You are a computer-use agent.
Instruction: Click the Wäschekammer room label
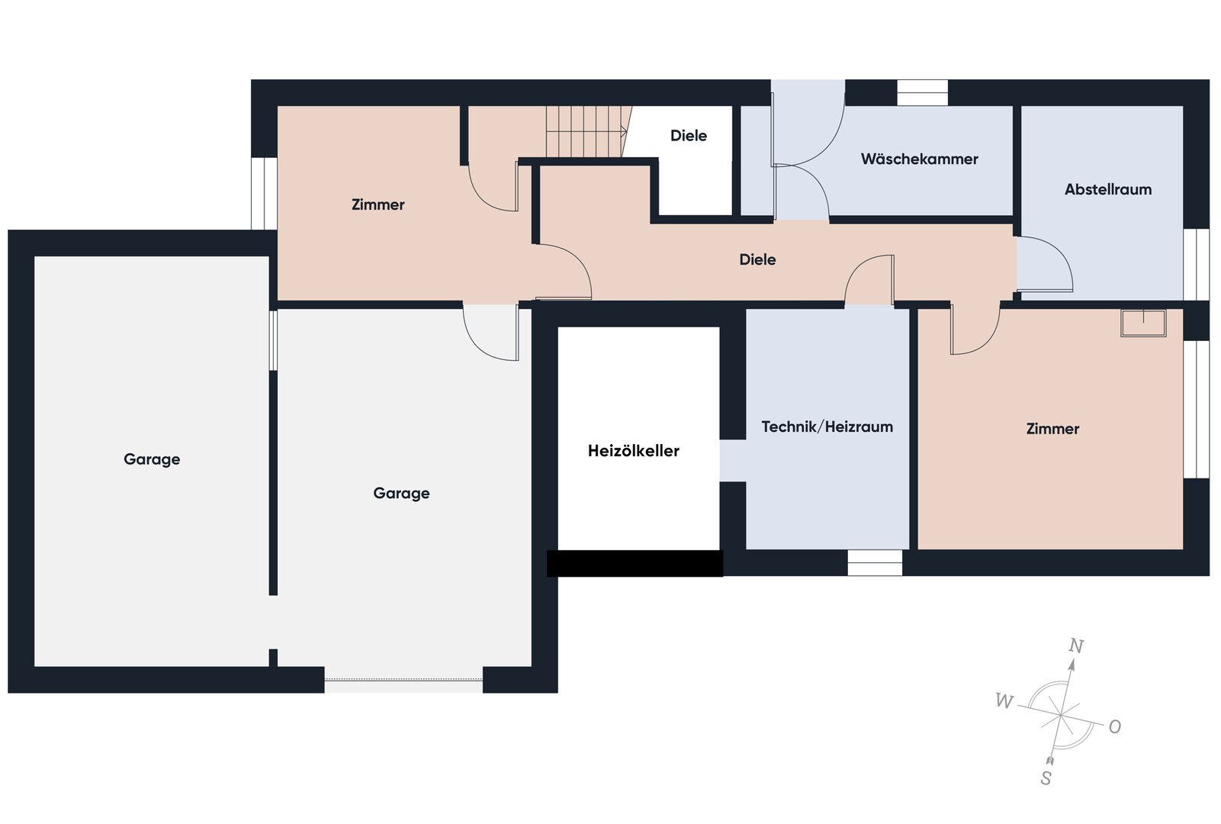[x=920, y=159]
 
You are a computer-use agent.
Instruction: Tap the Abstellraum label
[x=1108, y=189]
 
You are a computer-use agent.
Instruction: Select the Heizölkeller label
[x=634, y=450]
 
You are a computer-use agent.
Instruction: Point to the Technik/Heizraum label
[x=827, y=426]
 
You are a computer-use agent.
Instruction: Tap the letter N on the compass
[x=1075, y=645]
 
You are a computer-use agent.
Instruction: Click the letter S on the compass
[x=1046, y=778]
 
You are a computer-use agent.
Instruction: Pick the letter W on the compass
[x=1004, y=700]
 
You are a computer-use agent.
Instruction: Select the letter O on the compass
[x=1115, y=726]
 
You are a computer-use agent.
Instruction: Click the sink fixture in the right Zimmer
[x=1143, y=323]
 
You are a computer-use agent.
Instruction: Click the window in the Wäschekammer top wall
[x=922, y=93]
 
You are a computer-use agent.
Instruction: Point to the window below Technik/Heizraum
[x=874, y=563]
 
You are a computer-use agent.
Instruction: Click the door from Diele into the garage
[x=490, y=332]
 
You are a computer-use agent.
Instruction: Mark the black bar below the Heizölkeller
[x=635, y=563]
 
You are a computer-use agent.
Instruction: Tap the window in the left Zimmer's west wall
[x=264, y=194]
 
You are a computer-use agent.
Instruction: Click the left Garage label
[x=152, y=459]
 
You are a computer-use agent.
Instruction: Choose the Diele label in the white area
[x=689, y=135]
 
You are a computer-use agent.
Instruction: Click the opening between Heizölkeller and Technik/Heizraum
[x=733, y=461]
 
